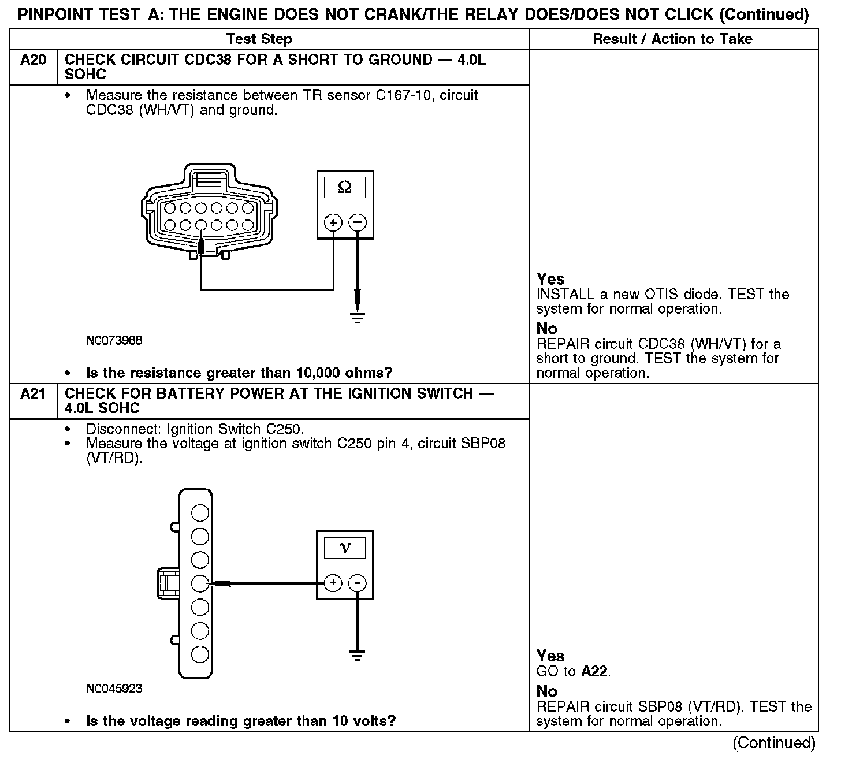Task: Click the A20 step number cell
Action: click(33, 60)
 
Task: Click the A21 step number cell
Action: click(33, 394)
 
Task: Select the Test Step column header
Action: click(259, 39)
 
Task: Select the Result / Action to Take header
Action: click(672, 39)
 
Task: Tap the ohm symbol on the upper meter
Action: click(345, 187)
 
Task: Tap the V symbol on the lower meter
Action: click(345, 548)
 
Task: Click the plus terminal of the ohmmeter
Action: click(333, 222)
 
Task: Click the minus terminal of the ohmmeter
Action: click(358, 222)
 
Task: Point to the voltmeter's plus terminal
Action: click(333, 583)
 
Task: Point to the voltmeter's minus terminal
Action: click(358, 583)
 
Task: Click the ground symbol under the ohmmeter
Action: click(358, 318)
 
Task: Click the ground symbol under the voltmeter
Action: click(358, 656)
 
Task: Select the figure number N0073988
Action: click(114, 341)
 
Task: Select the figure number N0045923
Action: click(114, 689)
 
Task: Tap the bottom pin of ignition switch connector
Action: click(199, 654)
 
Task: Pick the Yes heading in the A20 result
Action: click(550, 279)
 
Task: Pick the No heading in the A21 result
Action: click(547, 691)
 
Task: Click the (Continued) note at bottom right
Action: click(774, 743)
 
